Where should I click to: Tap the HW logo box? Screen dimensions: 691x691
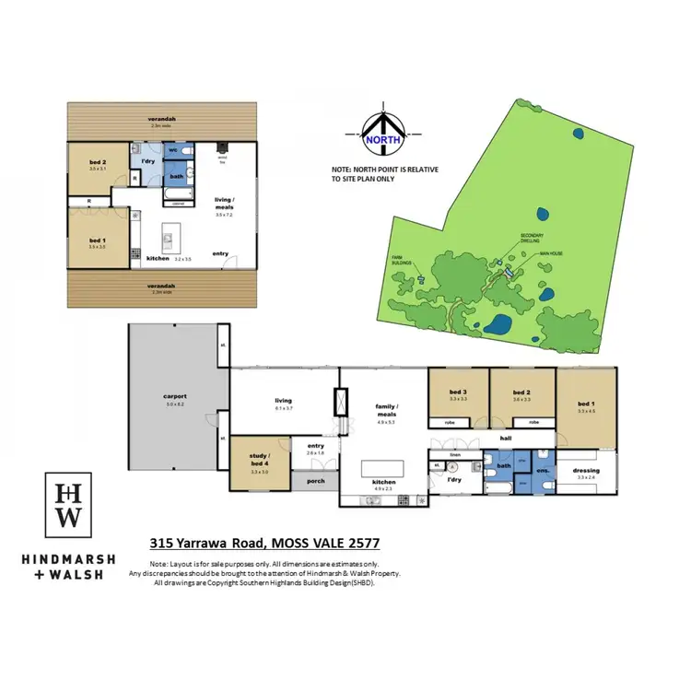(69, 506)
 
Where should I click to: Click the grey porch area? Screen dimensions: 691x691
(313, 479)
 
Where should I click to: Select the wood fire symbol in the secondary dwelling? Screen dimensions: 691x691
(221, 147)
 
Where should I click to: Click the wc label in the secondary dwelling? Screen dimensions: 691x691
(173, 148)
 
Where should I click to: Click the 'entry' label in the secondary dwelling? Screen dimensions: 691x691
(220, 253)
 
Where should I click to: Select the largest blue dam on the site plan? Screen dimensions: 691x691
(499, 325)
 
